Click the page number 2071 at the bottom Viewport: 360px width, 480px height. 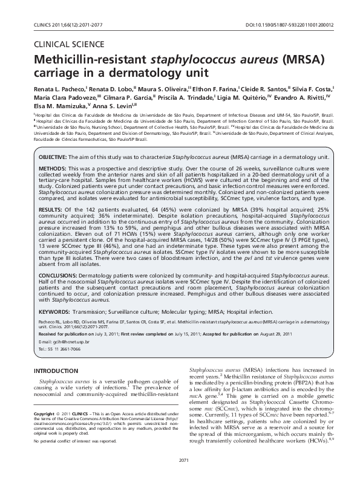click(180, 462)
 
